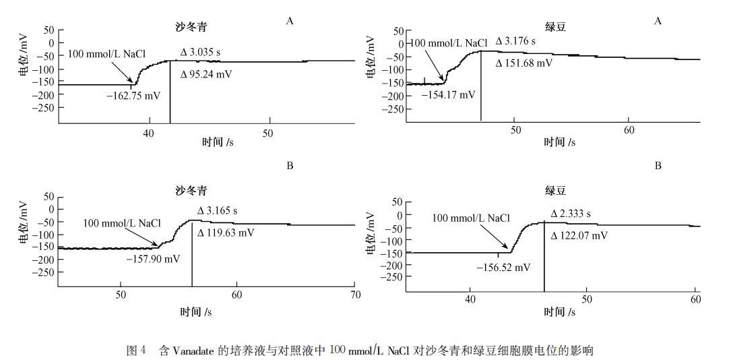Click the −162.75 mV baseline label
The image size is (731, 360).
point(133,96)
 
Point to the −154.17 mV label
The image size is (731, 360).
point(448,94)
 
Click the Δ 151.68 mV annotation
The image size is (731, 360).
point(523,63)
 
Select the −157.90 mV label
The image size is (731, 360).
point(153,259)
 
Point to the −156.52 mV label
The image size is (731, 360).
point(503,267)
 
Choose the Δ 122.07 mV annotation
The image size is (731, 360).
point(579,236)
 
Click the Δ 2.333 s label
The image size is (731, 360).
point(571,214)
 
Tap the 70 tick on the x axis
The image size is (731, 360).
point(355,295)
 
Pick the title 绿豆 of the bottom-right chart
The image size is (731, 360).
point(554,191)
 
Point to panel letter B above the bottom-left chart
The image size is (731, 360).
point(290,165)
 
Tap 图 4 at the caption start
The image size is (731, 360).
point(136,351)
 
